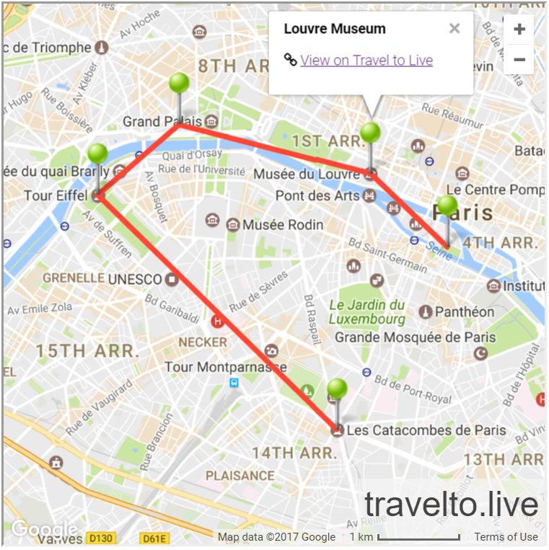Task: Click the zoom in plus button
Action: pyautogui.click(x=519, y=30)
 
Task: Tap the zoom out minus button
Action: pyautogui.click(x=519, y=59)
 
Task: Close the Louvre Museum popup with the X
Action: pyautogui.click(x=454, y=29)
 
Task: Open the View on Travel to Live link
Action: pyautogui.click(x=366, y=61)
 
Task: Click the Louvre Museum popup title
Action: pyautogui.click(x=335, y=29)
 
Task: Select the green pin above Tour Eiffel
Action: pyautogui.click(x=97, y=154)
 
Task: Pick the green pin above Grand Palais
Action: pyautogui.click(x=180, y=84)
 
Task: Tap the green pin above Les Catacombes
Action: pyautogui.click(x=337, y=389)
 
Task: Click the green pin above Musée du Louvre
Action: pyautogui.click(x=370, y=133)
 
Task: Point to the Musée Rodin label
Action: pyautogui.click(x=283, y=225)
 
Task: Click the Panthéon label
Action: pyautogui.click(x=465, y=312)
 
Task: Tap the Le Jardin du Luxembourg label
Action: pyautogui.click(x=367, y=312)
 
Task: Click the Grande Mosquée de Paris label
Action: pyautogui.click(x=416, y=337)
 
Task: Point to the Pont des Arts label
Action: pyautogui.click(x=317, y=196)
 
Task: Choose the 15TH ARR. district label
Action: pyautogui.click(x=87, y=352)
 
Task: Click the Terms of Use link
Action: pyautogui.click(x=506, y=537)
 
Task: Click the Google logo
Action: pyautogui.click(x=45, y=530)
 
